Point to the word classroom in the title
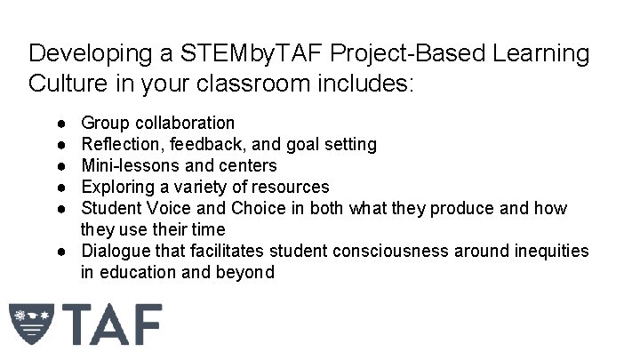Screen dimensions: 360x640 click(x=280, y=86)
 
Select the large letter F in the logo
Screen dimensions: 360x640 click(x=143, y=326)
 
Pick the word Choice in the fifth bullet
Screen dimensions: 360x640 click(x=244, y=208)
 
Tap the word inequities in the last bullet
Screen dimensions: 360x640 click(x=552, y=252)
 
